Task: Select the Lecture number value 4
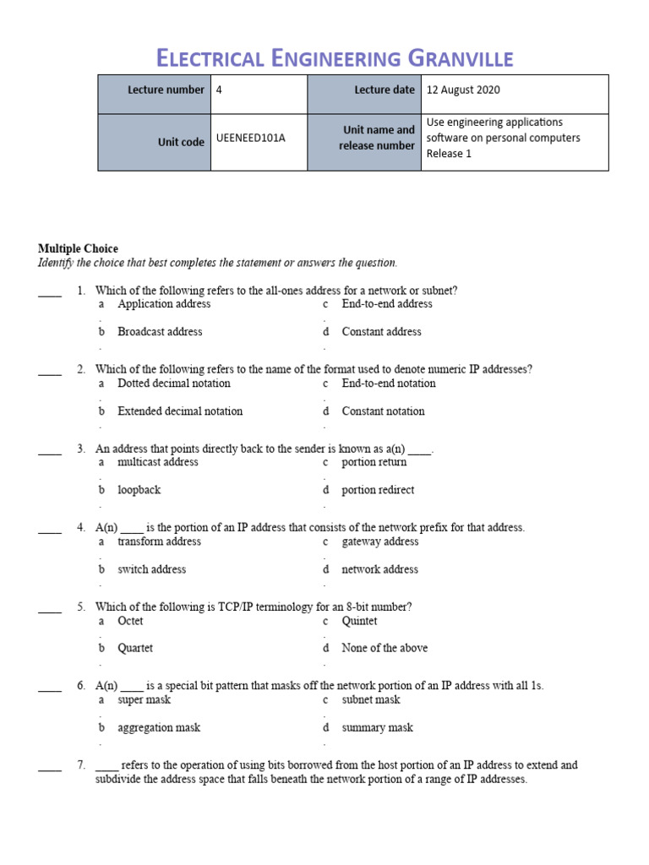point(220,90)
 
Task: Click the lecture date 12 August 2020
point(463,90)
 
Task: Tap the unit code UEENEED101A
point(251,139)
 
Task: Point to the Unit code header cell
point(181,142)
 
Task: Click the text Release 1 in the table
point(449,154)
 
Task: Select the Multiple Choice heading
point(78,248)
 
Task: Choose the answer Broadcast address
point(160,332)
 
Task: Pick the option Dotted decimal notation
point(173,384)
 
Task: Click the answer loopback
point(139,490)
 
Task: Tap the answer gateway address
point(379,541)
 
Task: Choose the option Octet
point(130,621)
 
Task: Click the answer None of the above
point(384,648)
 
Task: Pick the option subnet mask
point(370,699)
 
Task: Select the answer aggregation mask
point(159,727)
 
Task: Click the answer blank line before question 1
point(50,294)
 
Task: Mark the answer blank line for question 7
point(50,769)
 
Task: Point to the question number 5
point(81,607)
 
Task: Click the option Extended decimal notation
point(180,411)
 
